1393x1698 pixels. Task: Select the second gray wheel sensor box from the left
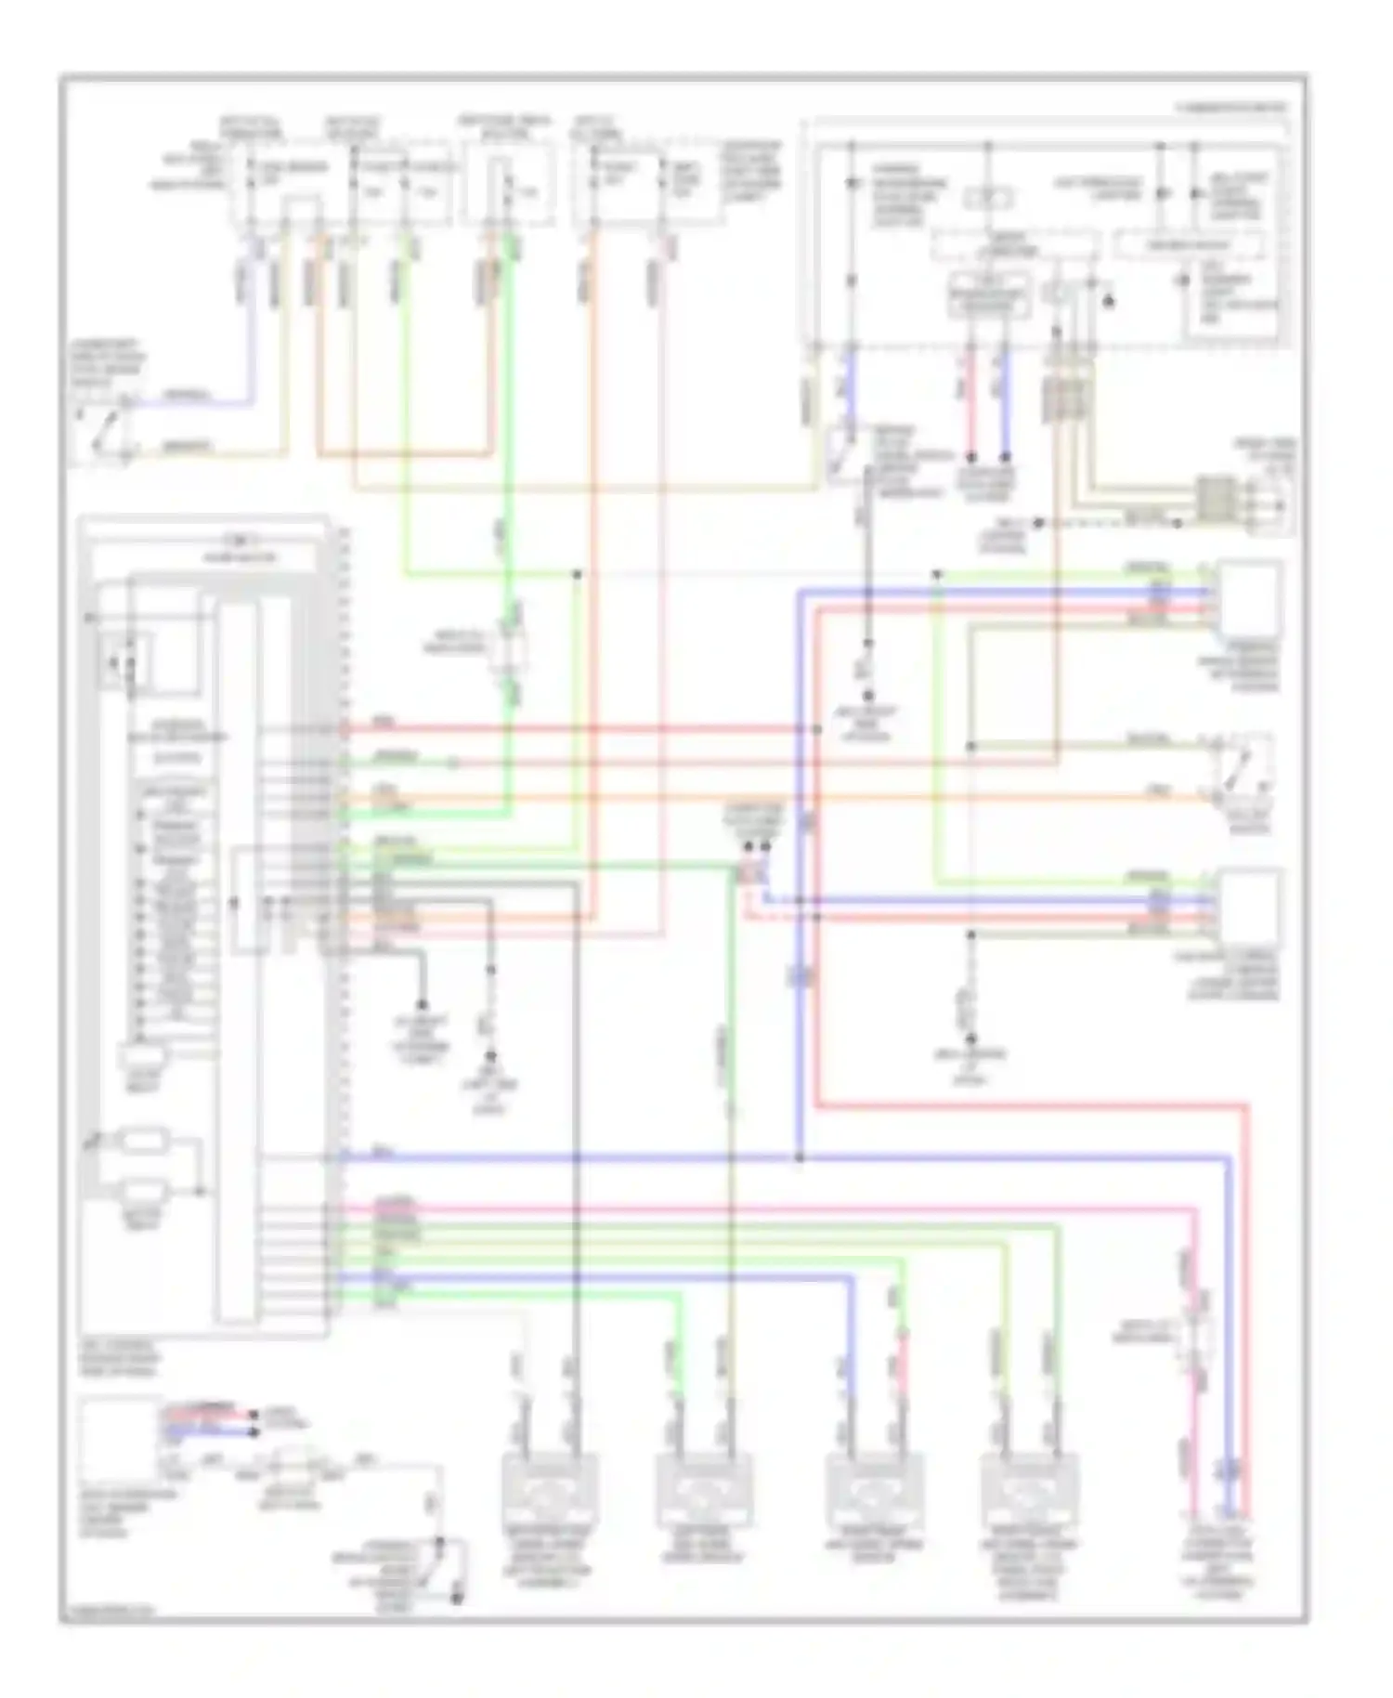pos(702,1491)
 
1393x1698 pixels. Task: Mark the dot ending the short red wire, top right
pos(971,457)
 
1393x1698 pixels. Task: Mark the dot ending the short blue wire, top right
pos(1005,457)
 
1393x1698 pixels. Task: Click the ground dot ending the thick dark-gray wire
pos(422,1005)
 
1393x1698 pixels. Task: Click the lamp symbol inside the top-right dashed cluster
pos(988,198)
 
